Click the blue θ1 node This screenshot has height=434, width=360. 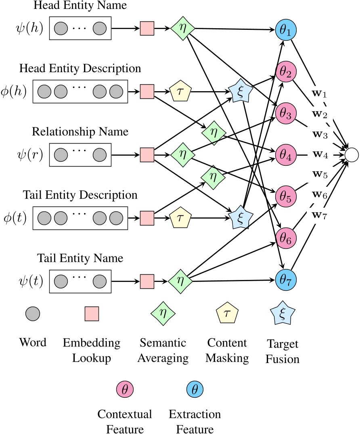pos(286,30)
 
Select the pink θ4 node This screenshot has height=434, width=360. pos(286,154)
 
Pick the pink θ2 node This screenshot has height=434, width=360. pos(286,72)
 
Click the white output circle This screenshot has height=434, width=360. pos(351,154)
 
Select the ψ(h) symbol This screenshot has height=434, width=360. pos(28,29)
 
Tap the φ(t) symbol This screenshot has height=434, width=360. pos(14,217)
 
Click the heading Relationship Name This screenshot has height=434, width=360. pos(80,132)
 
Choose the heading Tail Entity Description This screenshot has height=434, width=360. pos(80,195)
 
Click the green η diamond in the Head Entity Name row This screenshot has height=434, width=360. pos(182,29)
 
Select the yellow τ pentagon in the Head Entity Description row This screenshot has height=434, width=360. pos(180,92)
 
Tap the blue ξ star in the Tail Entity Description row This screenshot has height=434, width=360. pos(241,217)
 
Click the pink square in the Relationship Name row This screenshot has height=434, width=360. pos(147,154)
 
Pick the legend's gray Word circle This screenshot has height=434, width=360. pos(33,313)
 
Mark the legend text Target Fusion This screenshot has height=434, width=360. pos(283,351)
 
